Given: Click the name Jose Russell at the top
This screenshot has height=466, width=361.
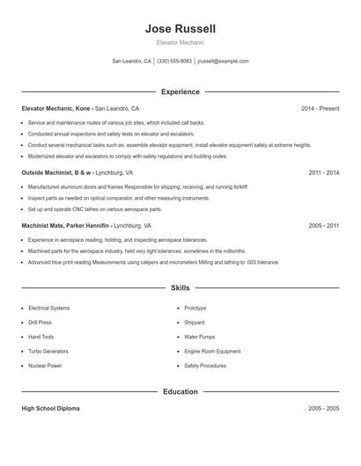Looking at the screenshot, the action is pyautogui.click(x=180, y=29).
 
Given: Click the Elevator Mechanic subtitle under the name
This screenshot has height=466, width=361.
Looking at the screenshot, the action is pyautogui.click(x=180, y=42).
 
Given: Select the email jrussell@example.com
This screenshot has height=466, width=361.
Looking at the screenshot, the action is pyautogui.click(x=223, y=62).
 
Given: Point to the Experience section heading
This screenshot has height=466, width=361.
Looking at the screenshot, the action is pyautogui.click(x=180, y=91).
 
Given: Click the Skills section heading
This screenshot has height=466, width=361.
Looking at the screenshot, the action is pyautogui.click(x=180, y=288).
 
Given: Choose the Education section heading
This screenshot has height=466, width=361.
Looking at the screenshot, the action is pyautogui.click(x=180, y=391).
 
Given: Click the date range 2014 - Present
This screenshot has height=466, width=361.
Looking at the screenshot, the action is pyautogui.click(x=320, y=109).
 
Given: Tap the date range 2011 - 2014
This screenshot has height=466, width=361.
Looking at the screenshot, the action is pyautogui.click(x=324, y=173).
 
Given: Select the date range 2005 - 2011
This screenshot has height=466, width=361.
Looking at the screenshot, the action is pyautogui.click(x=324, y=226).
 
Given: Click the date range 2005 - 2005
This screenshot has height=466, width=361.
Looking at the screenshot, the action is pyautogui.click(x=324, y=409).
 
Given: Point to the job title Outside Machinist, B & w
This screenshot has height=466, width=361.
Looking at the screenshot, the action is pyautogui.click(x=56, y=173).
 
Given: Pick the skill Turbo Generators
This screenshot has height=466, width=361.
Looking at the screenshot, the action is pyautogui.click(x=48, y=351).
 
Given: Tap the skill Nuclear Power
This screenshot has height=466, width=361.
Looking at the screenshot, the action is pyautogui.click(x=45, y=365).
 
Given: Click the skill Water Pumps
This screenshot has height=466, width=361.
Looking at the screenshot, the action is pyautogui.click(x=200, y=337).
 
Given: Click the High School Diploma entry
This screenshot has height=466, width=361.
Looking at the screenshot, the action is pyautogui.click(x=51, y=409).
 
